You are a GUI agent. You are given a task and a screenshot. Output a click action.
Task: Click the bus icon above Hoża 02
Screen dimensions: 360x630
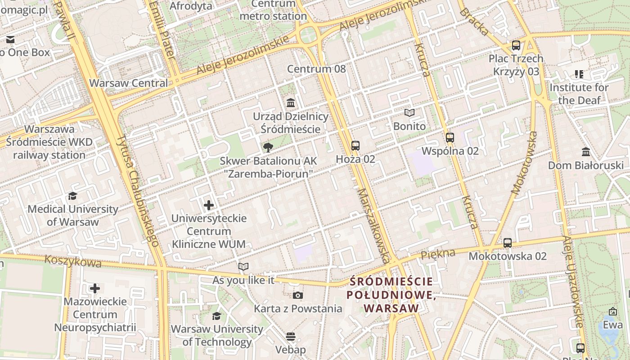coord(355,145)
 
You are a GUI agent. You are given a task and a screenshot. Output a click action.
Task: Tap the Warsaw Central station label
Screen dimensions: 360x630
coord(128,83)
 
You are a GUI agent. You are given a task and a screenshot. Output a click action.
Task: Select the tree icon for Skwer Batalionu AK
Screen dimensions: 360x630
coord(268,147)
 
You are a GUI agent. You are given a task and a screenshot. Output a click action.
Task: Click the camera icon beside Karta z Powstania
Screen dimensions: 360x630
coord(297,296)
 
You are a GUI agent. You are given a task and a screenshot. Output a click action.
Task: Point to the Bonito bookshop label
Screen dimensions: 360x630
coord(409,126)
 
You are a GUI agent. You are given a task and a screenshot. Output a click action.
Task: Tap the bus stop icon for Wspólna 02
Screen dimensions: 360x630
coord(450,138)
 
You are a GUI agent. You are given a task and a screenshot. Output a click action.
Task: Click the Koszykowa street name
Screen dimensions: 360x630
coord(66,261)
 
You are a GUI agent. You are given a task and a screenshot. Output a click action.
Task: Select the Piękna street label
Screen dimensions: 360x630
coord(437,254)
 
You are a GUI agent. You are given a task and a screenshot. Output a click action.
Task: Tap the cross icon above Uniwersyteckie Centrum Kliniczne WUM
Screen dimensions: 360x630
coord(209,206)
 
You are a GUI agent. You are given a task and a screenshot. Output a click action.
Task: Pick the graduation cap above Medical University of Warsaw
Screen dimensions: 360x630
coord(72,196)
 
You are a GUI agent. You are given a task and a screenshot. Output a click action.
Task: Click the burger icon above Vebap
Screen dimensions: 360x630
coord(291,337)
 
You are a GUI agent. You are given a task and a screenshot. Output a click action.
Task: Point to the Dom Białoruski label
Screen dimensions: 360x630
coord(585,165)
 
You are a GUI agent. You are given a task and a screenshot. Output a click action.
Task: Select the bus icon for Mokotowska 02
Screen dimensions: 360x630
coord(507,243)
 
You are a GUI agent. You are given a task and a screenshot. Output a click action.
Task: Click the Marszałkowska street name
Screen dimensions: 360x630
coord(373,225)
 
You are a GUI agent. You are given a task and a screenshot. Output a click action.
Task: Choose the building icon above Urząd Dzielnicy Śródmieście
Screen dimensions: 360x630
coord(291,103)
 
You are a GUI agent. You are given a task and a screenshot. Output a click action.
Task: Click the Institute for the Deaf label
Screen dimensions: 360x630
coord(579,94)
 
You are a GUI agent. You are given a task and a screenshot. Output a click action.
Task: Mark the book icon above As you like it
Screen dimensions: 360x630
coord(243,267)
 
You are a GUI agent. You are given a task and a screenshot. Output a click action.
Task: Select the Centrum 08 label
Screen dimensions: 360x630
coord(316,69)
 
